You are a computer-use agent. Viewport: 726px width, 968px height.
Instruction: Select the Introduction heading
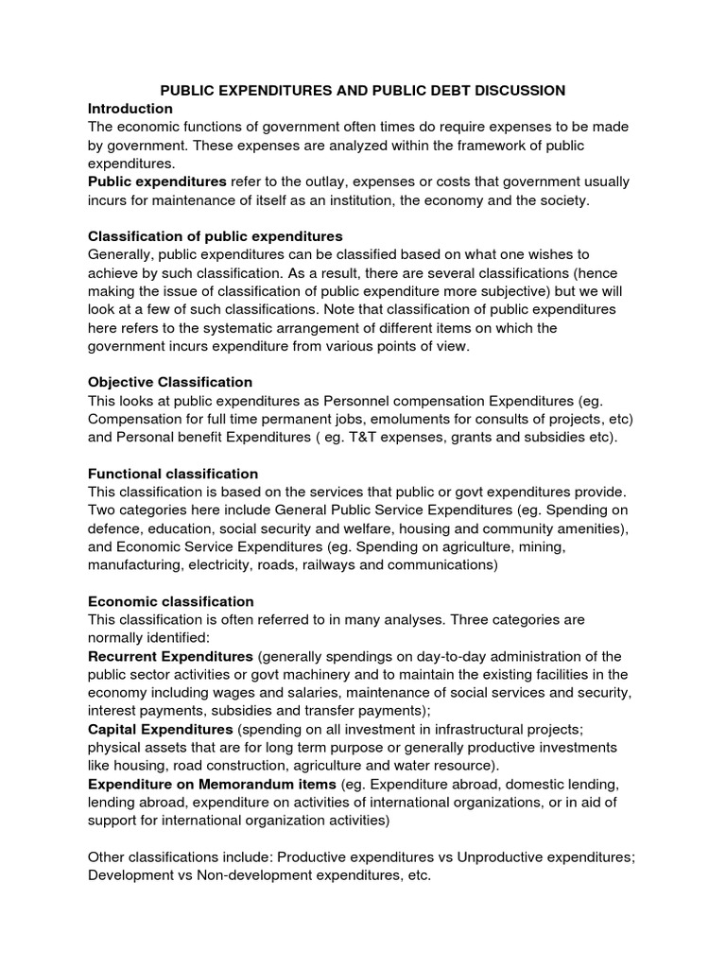click(x=130, y=109)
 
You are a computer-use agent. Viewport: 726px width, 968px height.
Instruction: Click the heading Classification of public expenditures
click(x=216, y=235)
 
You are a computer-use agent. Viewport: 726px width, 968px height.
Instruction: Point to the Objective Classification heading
click(x=170, y=382)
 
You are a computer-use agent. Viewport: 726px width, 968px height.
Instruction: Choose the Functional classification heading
click(x=173, y=473)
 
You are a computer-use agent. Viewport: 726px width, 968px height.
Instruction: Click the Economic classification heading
click(x=171, y=601)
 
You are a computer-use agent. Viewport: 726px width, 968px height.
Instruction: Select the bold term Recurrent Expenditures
click(x=170, y=656)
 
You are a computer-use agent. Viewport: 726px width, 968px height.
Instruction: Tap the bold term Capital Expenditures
click(x=161, y=729)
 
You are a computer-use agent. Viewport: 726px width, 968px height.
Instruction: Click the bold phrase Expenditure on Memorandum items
click(x=212, y=784)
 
